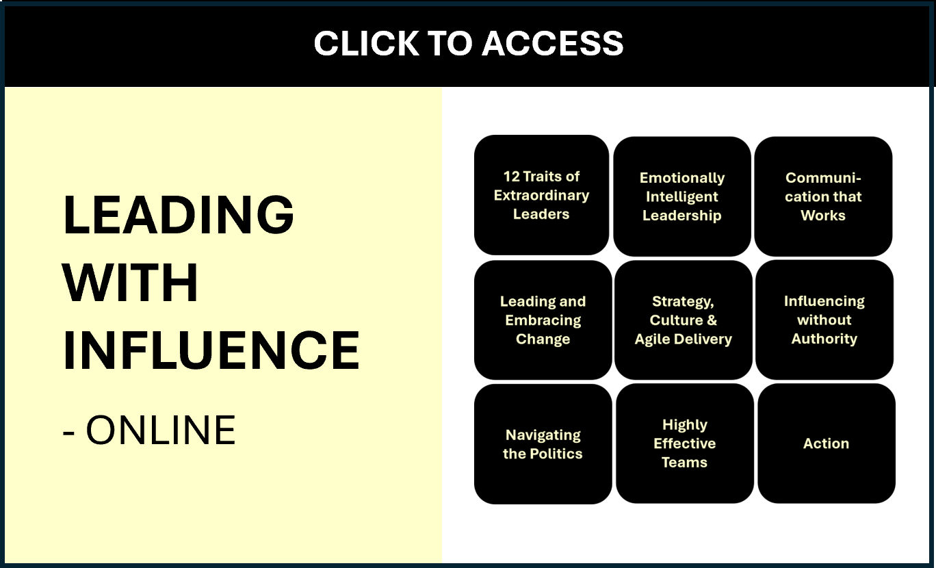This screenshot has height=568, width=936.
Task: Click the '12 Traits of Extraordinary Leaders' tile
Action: (541, 195)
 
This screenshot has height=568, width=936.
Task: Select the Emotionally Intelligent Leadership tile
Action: (682, 197)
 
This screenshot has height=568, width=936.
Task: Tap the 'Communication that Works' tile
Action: (823, 197)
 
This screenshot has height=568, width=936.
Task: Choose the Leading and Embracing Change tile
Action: (543, 320)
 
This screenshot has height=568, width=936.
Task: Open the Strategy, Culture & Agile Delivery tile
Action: (684, 320)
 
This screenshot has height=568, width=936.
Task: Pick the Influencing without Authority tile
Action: (824, 320)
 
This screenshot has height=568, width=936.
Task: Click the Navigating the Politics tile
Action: (543, 444)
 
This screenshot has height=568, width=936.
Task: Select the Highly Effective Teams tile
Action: (684, 443)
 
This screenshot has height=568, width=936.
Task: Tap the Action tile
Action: (826, 443)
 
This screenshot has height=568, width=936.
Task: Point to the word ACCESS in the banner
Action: (554, 44)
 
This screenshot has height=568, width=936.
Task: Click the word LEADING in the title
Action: (179, 214)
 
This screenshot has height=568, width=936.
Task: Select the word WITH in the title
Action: (131, 283)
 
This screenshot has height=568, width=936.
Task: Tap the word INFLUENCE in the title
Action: (211, 350)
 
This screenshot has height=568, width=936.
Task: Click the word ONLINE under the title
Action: (161, 430)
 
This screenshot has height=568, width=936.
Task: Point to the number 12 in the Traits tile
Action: (512, 177)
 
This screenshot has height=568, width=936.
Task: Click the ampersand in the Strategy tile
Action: (712, 320)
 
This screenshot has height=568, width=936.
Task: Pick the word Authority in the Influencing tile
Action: (824, 339)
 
